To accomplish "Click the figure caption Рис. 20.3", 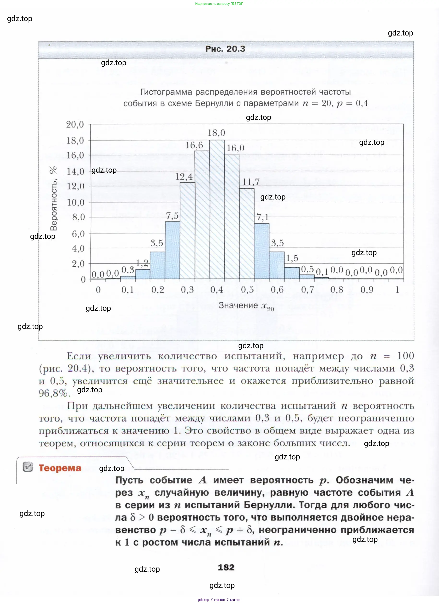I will point(225,49).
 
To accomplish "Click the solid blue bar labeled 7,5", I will point(172,250).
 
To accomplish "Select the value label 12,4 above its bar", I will point(184,176).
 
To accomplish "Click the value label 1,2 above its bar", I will point(142,263).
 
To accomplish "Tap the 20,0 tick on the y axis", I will point(75,124).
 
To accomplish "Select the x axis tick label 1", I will point(397,290).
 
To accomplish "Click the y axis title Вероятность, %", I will point(53,198).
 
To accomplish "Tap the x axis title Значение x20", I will point(246,306).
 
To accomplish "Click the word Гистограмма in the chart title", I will point(166,92).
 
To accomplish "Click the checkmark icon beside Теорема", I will point(28,467).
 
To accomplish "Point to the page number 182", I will point(226,567).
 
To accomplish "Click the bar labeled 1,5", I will point(292,273).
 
